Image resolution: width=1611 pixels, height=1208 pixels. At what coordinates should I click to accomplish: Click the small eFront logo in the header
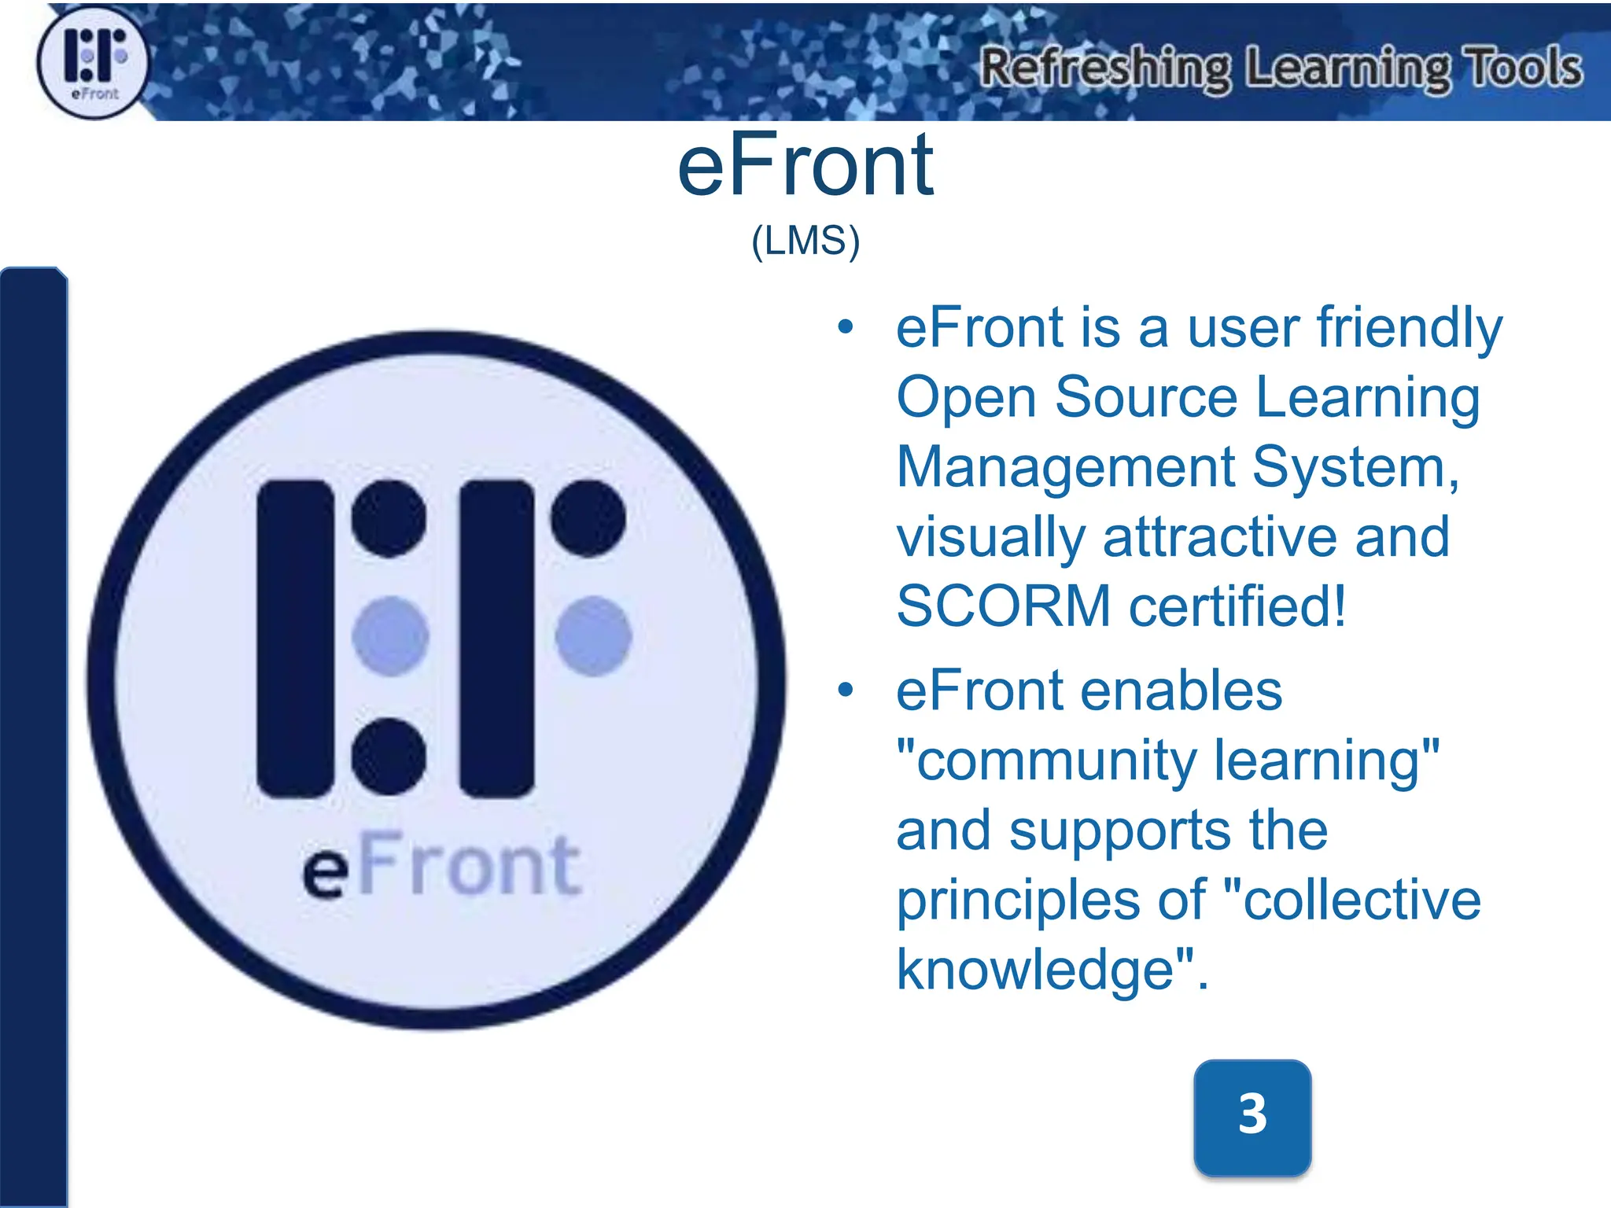93,63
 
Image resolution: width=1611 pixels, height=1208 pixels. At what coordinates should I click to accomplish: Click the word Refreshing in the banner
1104,69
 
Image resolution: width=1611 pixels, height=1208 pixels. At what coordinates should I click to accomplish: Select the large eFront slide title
805,166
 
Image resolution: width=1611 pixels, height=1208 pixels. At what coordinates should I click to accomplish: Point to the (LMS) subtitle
805,241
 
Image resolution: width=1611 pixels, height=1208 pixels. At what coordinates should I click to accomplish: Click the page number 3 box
1252,1115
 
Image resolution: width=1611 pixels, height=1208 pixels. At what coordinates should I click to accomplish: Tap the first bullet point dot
846,327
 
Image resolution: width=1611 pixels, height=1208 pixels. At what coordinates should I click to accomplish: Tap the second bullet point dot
846,691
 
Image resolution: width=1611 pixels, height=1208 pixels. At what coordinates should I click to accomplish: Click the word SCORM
1004,606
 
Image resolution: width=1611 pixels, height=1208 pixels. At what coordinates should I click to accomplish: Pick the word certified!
1237,606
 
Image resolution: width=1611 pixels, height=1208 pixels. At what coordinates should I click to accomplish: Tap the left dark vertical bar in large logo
296,638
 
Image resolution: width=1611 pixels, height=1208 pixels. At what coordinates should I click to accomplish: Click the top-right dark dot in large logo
588,518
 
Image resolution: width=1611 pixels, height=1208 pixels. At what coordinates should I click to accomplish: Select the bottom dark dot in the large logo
389,756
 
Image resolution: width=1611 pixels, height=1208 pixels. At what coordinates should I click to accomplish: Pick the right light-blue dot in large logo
593,635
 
